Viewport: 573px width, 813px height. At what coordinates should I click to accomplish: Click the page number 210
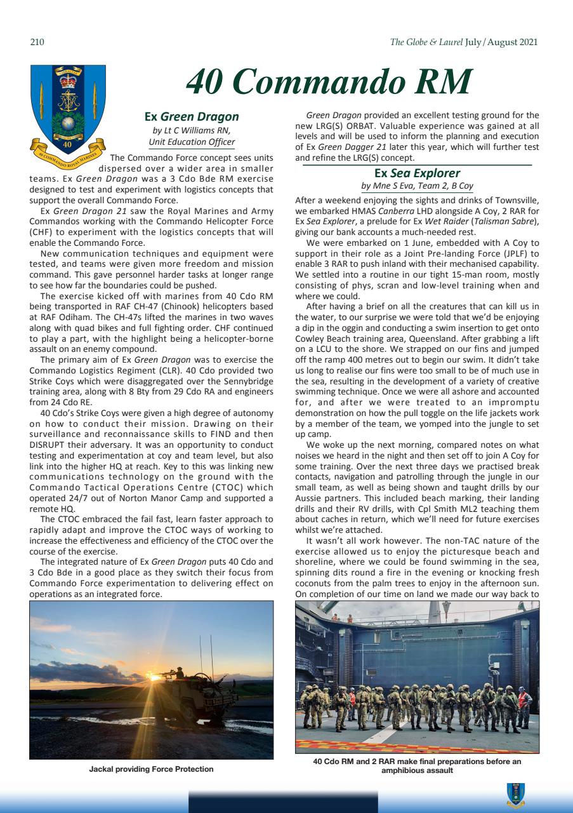coord(36,43)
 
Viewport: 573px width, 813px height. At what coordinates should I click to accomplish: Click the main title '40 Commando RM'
coord(329,82)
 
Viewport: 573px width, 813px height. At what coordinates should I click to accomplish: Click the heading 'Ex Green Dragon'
coord(192,116)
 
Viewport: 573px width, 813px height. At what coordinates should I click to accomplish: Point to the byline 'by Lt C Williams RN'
coord(192,131)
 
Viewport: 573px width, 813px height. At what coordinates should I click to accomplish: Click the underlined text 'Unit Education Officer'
coord(192,142)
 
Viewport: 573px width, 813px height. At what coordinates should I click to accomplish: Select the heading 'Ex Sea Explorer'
coord(417,173)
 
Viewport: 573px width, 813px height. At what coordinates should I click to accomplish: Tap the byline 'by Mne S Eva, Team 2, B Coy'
coord(417,186)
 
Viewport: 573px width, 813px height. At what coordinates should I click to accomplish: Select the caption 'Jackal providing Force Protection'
coord(151,769)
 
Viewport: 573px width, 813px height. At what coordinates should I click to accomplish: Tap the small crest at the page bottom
coord(515,794)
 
